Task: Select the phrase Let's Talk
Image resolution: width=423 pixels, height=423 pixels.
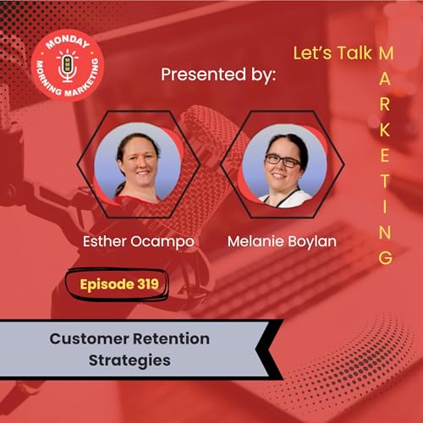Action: click(331, 53)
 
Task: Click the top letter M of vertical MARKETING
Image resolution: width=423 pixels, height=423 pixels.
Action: click(385, 52)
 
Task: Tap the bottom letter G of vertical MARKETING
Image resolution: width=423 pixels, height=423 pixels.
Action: click(385, 257)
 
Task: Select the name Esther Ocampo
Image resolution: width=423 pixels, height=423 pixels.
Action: click(139, 241)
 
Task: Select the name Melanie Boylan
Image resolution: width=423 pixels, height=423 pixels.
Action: click(283, 241)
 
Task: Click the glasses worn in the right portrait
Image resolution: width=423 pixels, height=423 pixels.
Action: click(283, 159)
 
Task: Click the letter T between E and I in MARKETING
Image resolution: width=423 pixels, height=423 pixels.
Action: click(385, 181)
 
